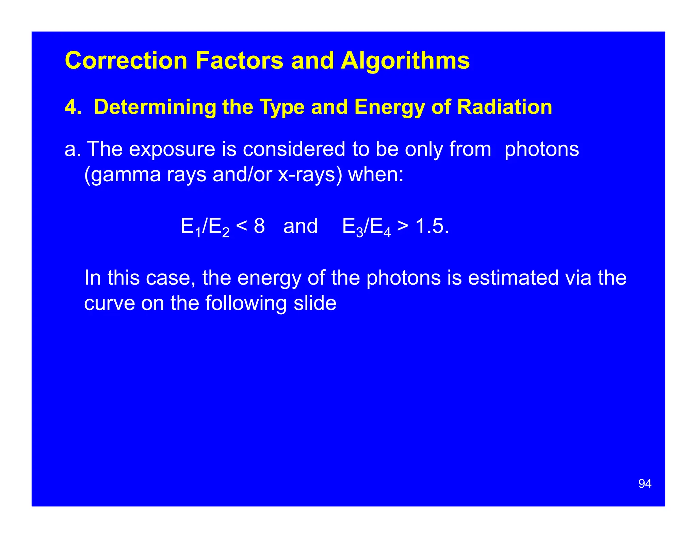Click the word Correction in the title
tap(126, 61)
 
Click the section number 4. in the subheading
tap(73, 107)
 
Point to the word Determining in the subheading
tap(155, 107)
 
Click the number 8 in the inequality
tap(259, 226)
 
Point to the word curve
tap(109, 303)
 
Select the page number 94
tap(645, 484)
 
